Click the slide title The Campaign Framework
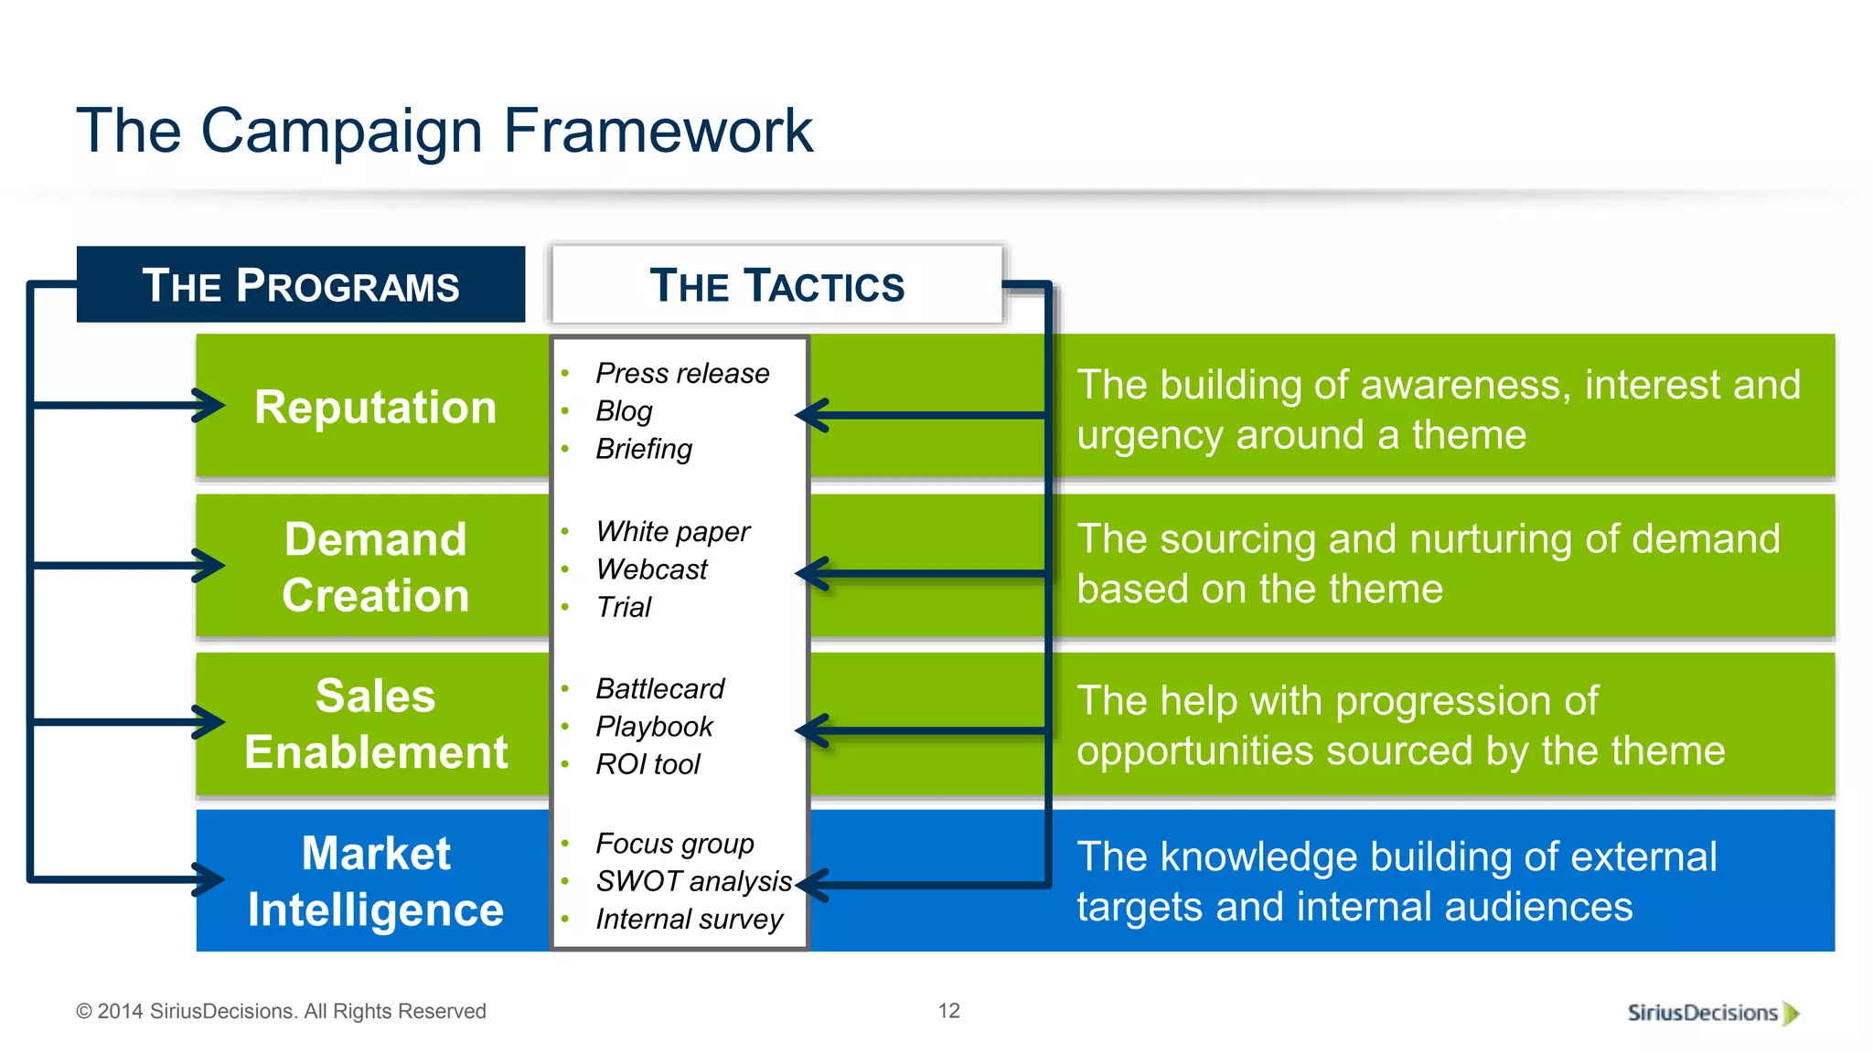coord(444,131)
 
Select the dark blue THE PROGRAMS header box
coord(301,285)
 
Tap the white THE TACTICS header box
coord(776,285)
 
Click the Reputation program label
coord(375,407)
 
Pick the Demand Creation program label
coord(375,567)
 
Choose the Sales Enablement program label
coord(375,724)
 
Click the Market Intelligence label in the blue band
coord(375,881)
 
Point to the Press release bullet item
coord(682,373)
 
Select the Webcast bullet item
coord(651,569)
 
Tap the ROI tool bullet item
coord(648,764)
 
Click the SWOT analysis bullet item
coord(693,881)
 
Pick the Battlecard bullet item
coord(659,688)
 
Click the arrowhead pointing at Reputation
coord(210,405)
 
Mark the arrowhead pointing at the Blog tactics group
coord(811,416)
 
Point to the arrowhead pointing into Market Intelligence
coord(210,879)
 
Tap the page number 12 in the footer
coord(948,1011)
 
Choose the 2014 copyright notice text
coord(281,1012)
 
